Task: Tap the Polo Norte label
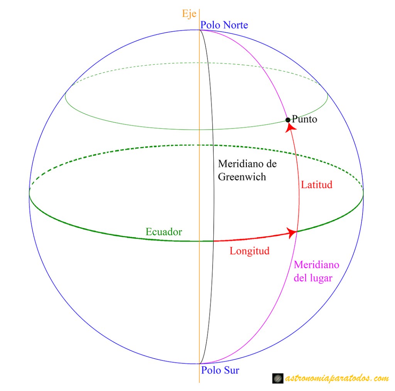pyautogui.click(x=224, y=25)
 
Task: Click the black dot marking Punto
pyautogui.click(x=288, y=120)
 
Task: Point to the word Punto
pyautogui.click(x=304, y=119)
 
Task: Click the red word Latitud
pyautogui.click(x=316, y=185)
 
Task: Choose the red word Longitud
pyautogui.click(x=249, y=251)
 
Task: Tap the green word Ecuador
pyautogui.click(x=164, y=232)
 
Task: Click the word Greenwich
pyautogui.click(x=242, y=177)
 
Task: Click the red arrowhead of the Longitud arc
pyautogui.click(x=292, y=232)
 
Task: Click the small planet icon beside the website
pyautogui.click(x=277, y=379)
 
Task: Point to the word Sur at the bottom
pyautogui.click(x=231, y=371)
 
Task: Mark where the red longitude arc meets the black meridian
pyautogui.click(x=214, y=241)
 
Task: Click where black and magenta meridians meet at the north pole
pyautogui.click(x=199, y=30)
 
